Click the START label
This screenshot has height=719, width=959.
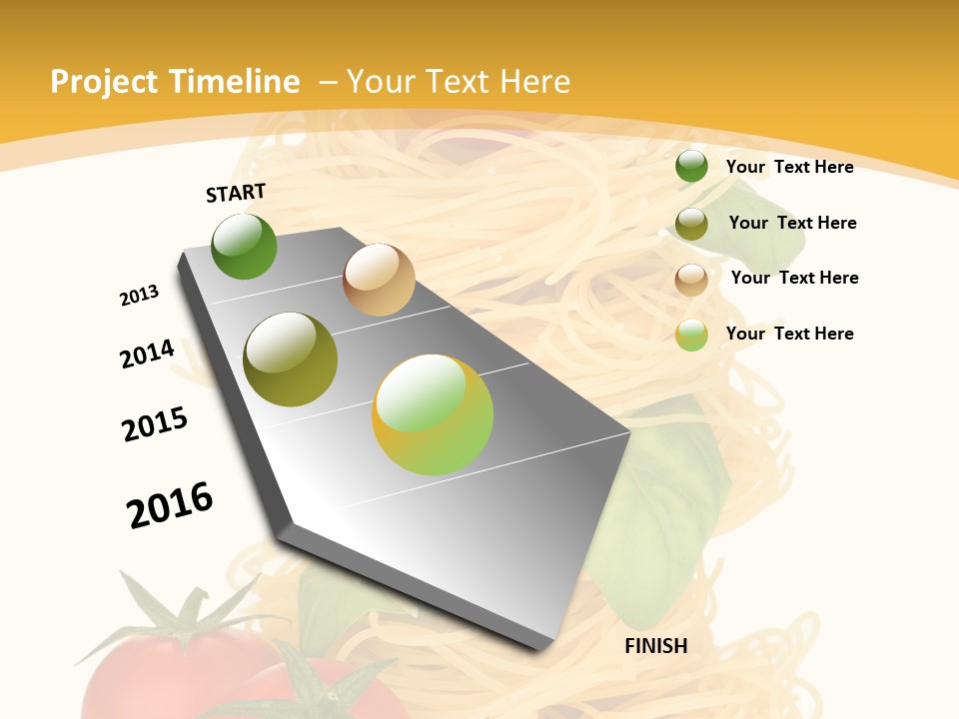pyautogui.click(x=236, y=193)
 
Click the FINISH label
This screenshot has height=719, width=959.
pyautogui.click(x=656, y=646)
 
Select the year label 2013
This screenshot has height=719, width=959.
pyautogui.click(x=139, y=296)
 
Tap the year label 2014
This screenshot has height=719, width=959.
pyautogui.click(x=147, y=354)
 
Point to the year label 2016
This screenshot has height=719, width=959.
pyautogui.click(x=170, y=505)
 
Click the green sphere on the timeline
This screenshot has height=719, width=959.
pyautogui.click(x=244, y=247)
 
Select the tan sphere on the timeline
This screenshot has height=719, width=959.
pyautogui.click(x=379, y=280)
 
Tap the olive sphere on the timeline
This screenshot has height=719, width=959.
pyautogui.click(x=290, y=359)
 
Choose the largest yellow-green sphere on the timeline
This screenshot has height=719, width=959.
pyautogui.click(x=433, y=414)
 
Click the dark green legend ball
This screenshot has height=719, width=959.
pyautogui.click(x=691, y=167)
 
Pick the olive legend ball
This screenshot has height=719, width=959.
pyautogui.click(x=691, y=224)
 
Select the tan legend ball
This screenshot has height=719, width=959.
pyautogui.click(x=691, y=279)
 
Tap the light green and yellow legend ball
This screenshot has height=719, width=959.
pyautogui.click(x=691, y=335)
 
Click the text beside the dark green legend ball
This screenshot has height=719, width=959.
pyautogui.click(x=789, y=167)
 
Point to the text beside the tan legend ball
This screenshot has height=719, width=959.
pyautogui.click(x=794, y=278)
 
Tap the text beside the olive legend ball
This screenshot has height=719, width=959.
pyautogui.click(x=792, y=223)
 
